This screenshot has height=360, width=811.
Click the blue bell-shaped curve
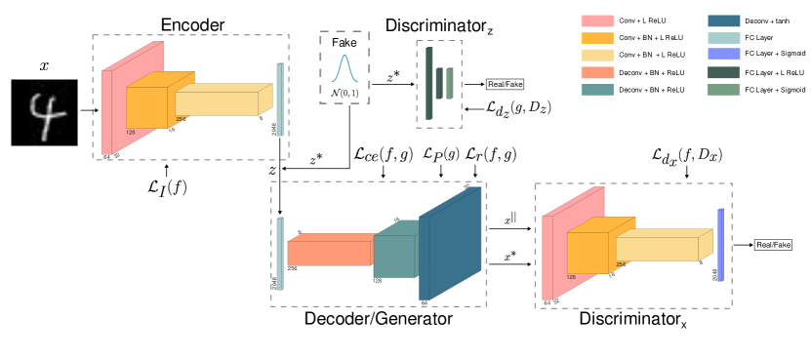tap(344, 68)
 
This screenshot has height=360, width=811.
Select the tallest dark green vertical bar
tap(428, 83)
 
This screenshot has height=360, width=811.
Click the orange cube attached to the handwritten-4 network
tap(146, 106)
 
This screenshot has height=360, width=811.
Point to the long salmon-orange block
tap(330, 254)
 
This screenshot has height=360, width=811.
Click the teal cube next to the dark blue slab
tap(394, 256)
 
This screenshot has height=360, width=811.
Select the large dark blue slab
tap(451, 244)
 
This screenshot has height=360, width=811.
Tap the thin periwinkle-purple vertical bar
tap(720, 245)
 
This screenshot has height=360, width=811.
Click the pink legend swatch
tap(597, 20)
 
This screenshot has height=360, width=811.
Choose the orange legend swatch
tap(597, 38)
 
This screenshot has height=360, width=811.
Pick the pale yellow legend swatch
tap(597, 56)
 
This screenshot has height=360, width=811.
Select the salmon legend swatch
tap(597, 72)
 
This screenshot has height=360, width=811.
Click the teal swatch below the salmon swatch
tap(597, 90)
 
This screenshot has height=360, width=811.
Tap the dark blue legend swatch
tap(723, 20)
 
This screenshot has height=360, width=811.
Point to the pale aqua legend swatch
tap(723, 38)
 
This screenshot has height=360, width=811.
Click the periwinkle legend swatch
tap(723, 55)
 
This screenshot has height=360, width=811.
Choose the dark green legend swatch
tap(723, 72)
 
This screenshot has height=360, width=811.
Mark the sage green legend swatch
tap(723, 90)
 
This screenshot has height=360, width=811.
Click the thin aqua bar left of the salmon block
tap(280, 254)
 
